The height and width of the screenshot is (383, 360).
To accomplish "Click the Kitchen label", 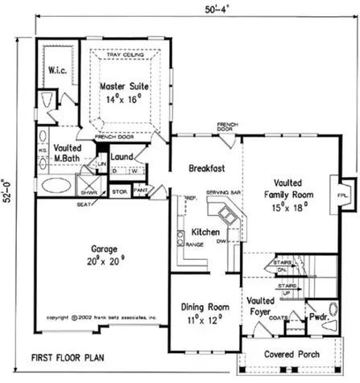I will tap(205, 232).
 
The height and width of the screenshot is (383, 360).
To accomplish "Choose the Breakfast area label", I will tap(205, 168).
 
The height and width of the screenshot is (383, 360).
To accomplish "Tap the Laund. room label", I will tap(122, 157).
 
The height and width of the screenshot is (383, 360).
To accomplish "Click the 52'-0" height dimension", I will tap(10, 183).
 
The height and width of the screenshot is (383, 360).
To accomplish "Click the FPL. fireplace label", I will tap(342, 196).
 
